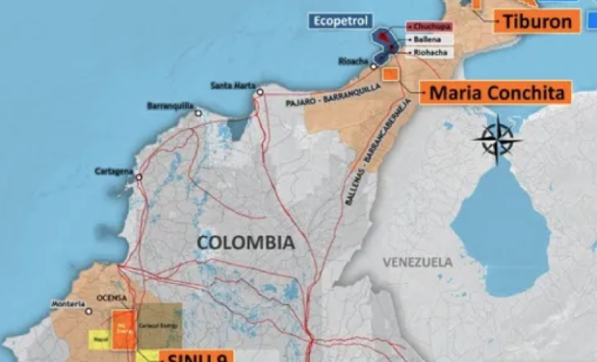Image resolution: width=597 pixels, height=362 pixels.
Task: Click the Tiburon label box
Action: tap(535, 20)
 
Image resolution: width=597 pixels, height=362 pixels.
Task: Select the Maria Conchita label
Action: tap(495, 93)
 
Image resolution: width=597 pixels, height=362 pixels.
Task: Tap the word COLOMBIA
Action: tap(246, 243)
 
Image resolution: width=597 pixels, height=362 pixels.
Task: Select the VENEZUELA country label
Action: tap(417, 261)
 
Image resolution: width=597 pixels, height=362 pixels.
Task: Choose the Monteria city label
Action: tap(68, 306)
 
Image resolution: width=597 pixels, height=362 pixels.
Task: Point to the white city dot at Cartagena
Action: tap(138, 177)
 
